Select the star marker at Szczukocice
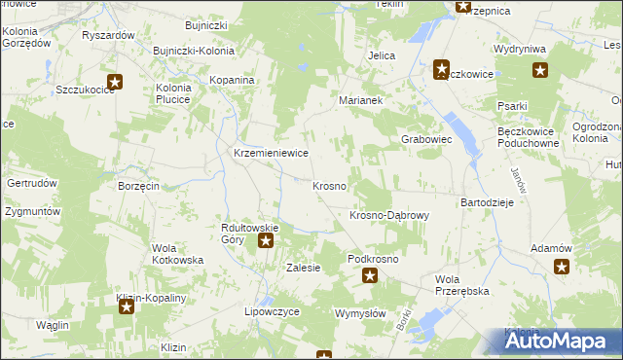tap(115, 83)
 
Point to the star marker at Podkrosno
tap(370, 276)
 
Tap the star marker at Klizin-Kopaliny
tap(127, 308)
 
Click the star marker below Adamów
tap(562, 267)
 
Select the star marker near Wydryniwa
tap(540, 70)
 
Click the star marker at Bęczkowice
tap(441, 69)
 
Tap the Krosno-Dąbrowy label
tap(389, 215)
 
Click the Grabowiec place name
tap(427, 139)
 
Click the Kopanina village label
tap(233, 80)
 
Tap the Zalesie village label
tap(303, 268)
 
